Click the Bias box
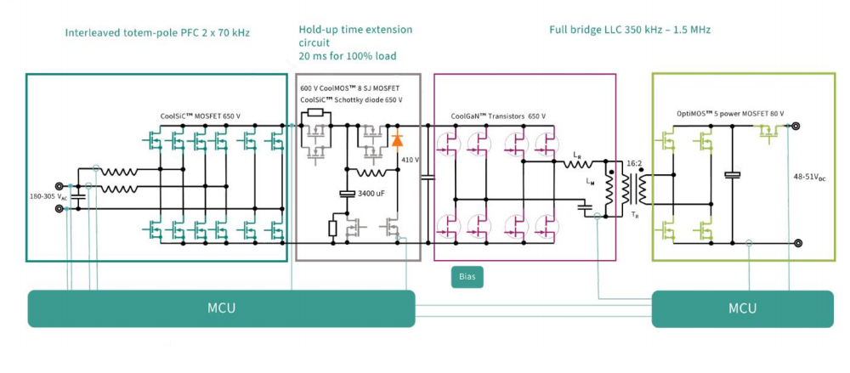point(467,277)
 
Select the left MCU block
point(221,308)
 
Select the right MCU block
point(742,308)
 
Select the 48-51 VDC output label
point(811,179)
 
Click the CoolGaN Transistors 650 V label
point(502,116)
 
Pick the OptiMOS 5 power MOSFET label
point(730,113)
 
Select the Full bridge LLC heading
point(630,30)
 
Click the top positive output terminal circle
point(798,127)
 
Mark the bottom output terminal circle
point(798,243)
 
